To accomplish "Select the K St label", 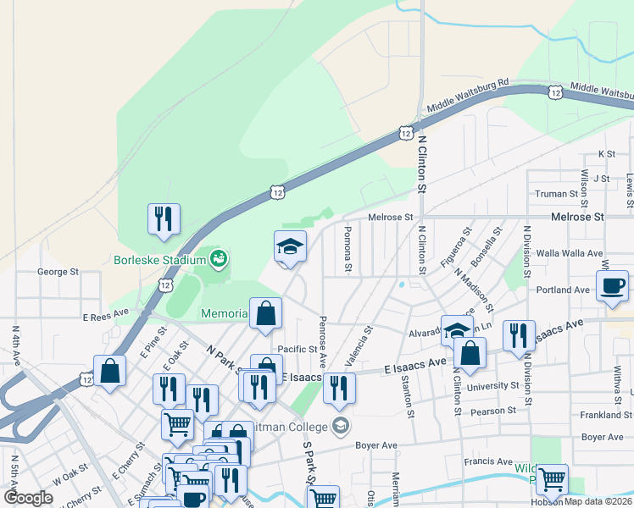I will [606, 154].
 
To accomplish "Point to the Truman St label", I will [556, 194].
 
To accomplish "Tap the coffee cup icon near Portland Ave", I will [612, 285].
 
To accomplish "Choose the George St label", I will [58, 273].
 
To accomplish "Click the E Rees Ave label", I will [104, 312].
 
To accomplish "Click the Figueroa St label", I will [455, 246].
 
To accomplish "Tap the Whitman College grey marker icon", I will [341, 424].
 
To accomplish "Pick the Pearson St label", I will [492, 411].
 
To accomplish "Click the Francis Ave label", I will [487, 462].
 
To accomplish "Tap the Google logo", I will [29, 497].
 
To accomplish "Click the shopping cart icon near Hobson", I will [552, 479].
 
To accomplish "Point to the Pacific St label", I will [297, 349].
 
